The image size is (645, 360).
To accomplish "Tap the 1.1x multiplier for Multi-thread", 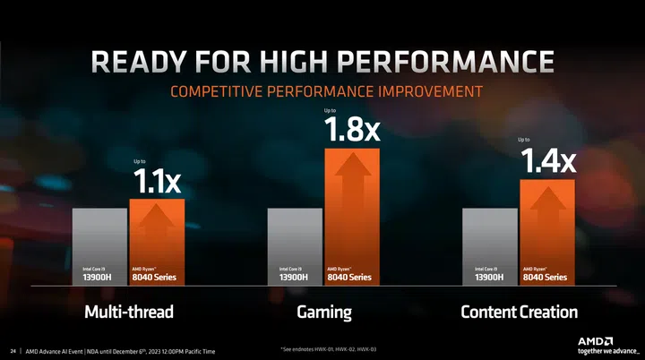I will (158, 182).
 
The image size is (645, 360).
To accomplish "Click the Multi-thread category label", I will (128, 313).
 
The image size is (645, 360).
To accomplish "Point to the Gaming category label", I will (323, 313).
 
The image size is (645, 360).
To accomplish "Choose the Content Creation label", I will (519, 313).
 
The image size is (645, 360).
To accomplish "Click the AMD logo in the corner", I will (595, 340).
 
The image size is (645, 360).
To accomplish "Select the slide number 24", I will (13, 350).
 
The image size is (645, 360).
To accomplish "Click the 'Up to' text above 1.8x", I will (331, 111).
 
